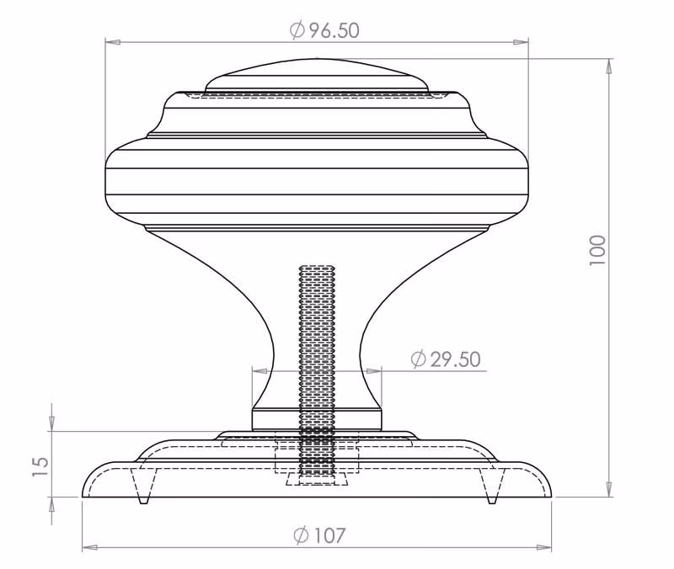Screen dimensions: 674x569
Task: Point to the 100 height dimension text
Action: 597,250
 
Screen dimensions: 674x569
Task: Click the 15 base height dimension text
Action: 40,467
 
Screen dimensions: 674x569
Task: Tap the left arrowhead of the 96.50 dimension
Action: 113,42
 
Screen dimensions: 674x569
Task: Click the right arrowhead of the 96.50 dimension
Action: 521,42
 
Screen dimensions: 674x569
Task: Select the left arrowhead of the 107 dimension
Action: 89,547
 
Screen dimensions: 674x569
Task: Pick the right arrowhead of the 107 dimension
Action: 544,547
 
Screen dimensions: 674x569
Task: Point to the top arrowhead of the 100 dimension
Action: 608,66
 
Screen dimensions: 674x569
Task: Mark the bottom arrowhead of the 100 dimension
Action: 608,489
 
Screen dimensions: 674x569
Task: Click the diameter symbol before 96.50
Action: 297,30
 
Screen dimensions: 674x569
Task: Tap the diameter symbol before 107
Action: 302,535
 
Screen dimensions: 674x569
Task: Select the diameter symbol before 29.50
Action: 418,359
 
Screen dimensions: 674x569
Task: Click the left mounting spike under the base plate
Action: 142,486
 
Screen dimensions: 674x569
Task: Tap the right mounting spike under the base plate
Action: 493,486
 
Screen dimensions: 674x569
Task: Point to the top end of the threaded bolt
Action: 317,267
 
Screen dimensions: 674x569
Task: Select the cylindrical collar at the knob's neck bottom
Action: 317,420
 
